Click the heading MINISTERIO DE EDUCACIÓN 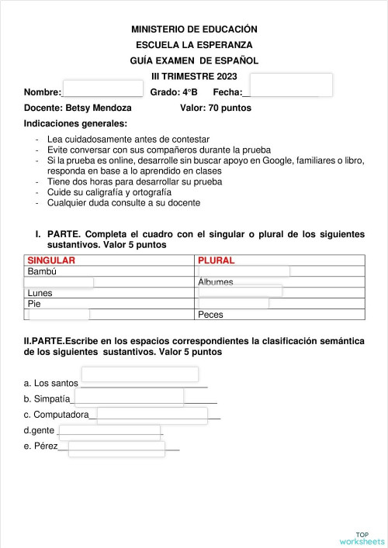coord(194,29)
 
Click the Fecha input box coord(291,85)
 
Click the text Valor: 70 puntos coord(216,108)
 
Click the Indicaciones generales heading coord(76,123)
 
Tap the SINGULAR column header coord(51,260)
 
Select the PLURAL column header coord(217,260)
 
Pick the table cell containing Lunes coord(40,293)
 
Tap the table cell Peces coord(211,315)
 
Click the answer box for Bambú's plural coord(244,271)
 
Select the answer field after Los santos coord(139,375)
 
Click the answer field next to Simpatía coord(128,398)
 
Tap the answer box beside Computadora coord(151,415)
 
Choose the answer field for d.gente coord(109,432)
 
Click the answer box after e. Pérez coord(116,449)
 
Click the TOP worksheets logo coord(362,538)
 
